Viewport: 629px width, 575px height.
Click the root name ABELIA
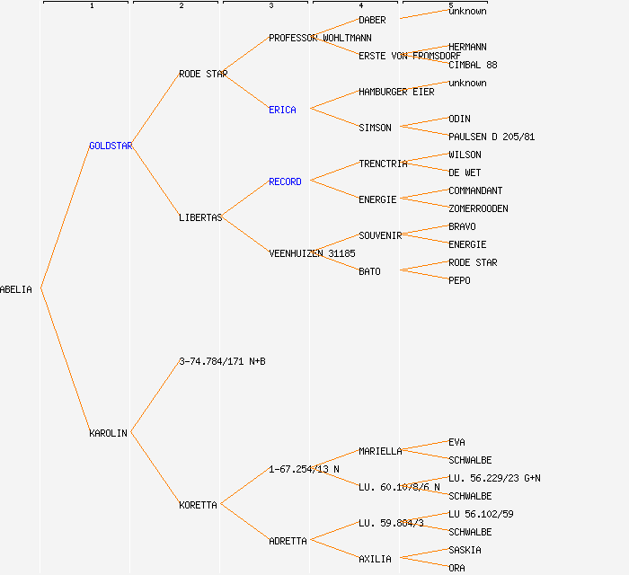[x=16, y=289]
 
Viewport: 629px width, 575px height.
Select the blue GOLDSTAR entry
[x=111, y=146]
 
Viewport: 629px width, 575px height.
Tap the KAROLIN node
[x=108, y=433]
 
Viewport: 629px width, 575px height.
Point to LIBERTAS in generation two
[x=200, y=217]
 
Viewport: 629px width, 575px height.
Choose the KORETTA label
[x=198, y=505]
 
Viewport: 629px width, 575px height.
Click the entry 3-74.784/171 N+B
[x=222, y=361]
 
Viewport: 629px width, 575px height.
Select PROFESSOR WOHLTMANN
[x=320, y=38]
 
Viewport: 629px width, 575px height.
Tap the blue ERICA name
[x=282, y=110]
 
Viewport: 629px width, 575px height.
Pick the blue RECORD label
[x=285, y=181]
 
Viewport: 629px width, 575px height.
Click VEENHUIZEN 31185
[x=312, y=253]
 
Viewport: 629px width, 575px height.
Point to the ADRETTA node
[x=288, y=541]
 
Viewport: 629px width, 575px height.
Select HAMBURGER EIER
[x=396, y=92]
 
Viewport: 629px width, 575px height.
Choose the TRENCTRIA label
[x=383, y=164]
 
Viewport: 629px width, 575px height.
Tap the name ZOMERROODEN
[x=478, y=208]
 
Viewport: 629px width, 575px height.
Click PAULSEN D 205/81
[x=492, y=137]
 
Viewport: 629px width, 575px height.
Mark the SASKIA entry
[x=465, y=550]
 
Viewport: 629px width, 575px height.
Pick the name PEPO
[x=459, y=280]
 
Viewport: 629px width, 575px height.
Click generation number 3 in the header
[x=270, y=6]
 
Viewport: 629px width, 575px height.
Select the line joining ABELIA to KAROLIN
[x=65, y=361]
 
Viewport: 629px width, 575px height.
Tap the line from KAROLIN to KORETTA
[x=155, y=469]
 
